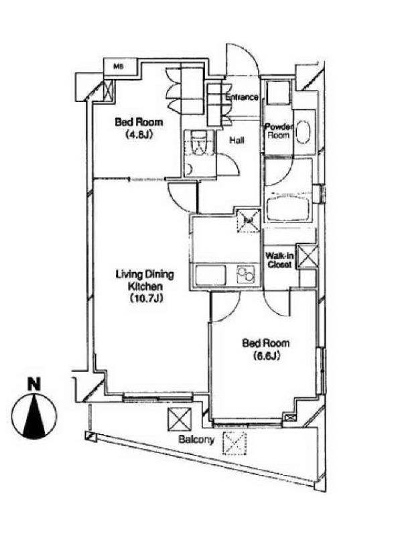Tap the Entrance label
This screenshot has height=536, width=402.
tap(241, 97)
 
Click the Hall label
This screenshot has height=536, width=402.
tap(237, 141)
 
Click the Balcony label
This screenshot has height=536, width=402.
tap(196, 440)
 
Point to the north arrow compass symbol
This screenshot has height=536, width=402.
tap(35, 415)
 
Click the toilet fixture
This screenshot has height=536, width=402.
tap(200, 143)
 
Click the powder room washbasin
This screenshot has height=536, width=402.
tap(302, 131)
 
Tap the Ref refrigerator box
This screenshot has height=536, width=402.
tap(249, 220)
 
